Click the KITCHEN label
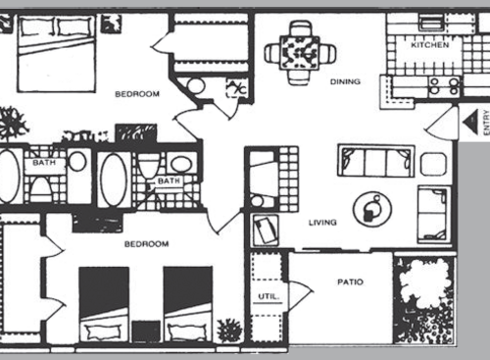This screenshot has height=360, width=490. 431,46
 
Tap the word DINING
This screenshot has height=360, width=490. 345,81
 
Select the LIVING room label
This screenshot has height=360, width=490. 322,223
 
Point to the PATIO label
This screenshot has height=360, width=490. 350,283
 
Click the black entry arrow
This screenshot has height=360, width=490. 469,123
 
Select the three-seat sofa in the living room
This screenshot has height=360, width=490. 375,160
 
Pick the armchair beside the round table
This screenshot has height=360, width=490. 433,213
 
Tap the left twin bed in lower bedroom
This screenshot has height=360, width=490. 104,303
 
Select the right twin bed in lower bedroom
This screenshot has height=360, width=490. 187,303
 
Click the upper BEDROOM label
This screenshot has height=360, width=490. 136,94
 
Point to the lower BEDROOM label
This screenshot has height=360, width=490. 146,243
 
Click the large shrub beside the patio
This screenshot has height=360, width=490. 423,299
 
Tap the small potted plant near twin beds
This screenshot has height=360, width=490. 229,331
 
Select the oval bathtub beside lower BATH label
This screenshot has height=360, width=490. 112,179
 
